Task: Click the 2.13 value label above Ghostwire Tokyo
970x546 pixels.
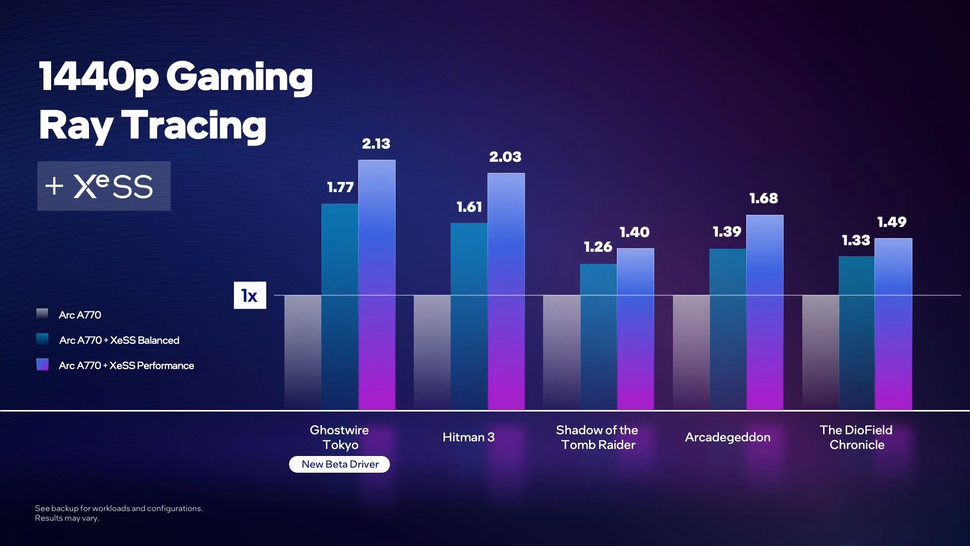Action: click(376, 144)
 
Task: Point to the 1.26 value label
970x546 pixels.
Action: click(598, 247)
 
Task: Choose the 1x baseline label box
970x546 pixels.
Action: click(250, 295)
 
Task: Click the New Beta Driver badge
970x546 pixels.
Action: click(339, 464)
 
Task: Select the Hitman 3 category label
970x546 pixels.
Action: click(468, 437)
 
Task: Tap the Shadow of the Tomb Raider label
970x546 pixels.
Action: click(597, 437)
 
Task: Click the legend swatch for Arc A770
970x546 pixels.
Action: click(42, 314)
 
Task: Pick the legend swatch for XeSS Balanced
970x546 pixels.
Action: click(42, 339)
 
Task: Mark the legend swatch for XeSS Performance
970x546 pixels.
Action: click(42, 365)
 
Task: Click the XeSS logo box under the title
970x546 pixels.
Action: click(104, 186)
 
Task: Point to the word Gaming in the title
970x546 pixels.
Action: click(239, 77)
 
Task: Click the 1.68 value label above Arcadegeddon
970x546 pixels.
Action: click(763, 199)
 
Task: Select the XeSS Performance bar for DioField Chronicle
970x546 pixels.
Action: click(893, 324)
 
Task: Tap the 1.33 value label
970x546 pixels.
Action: click(856, 241)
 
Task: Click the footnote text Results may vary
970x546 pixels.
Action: click(67, 518)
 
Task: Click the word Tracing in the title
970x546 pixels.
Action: click(193, 125)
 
